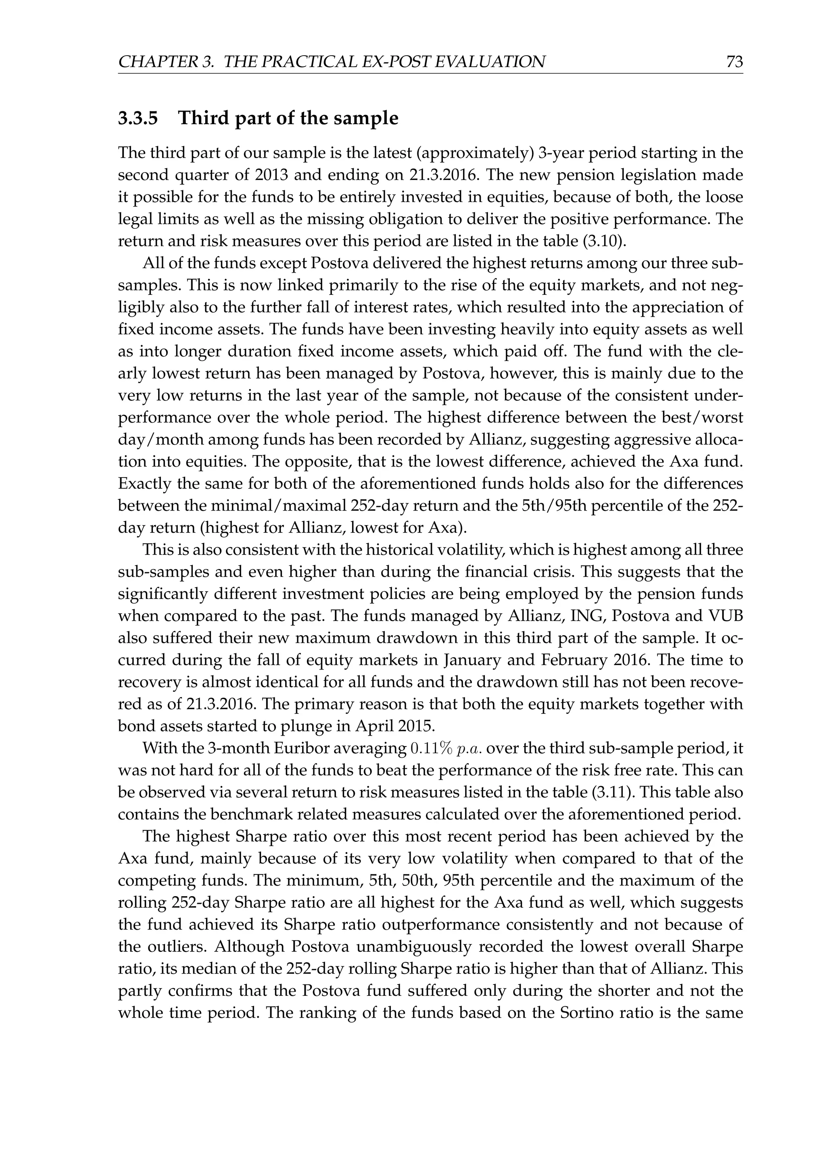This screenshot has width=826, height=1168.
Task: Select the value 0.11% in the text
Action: point(431,748)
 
